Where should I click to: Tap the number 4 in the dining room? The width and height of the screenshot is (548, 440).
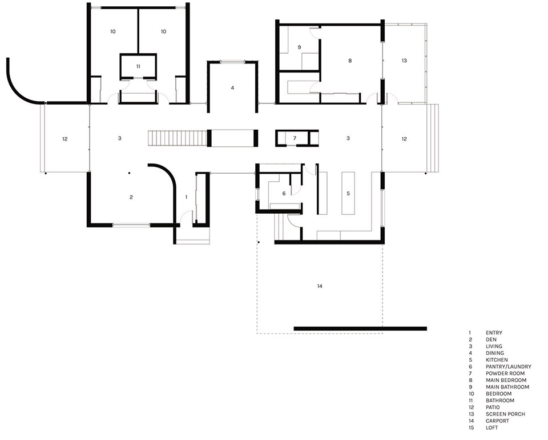point(232,88)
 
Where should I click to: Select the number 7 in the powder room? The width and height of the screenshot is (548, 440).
point(295,138)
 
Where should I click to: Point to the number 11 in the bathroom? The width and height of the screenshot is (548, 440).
point(138,67)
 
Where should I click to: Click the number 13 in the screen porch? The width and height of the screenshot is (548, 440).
point(404,60)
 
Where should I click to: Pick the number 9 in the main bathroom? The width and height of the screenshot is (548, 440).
point(299,47)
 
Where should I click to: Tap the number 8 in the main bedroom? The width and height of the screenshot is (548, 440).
point(349,60)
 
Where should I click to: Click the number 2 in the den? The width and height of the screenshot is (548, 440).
point(131,197)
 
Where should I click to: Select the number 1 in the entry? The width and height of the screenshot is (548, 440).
point(186,197)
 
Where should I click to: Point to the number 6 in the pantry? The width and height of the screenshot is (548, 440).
point(284,194)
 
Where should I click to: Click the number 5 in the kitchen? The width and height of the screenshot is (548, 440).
point(348,194)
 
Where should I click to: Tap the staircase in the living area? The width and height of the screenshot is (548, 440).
point(177,138)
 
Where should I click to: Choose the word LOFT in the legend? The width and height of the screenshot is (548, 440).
point(491,427)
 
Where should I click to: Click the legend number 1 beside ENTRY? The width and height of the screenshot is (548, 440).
point(469,333)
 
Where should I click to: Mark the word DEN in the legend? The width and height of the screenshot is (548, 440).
point(490,339)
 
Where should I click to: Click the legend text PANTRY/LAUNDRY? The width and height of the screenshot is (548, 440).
point(508,366)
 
